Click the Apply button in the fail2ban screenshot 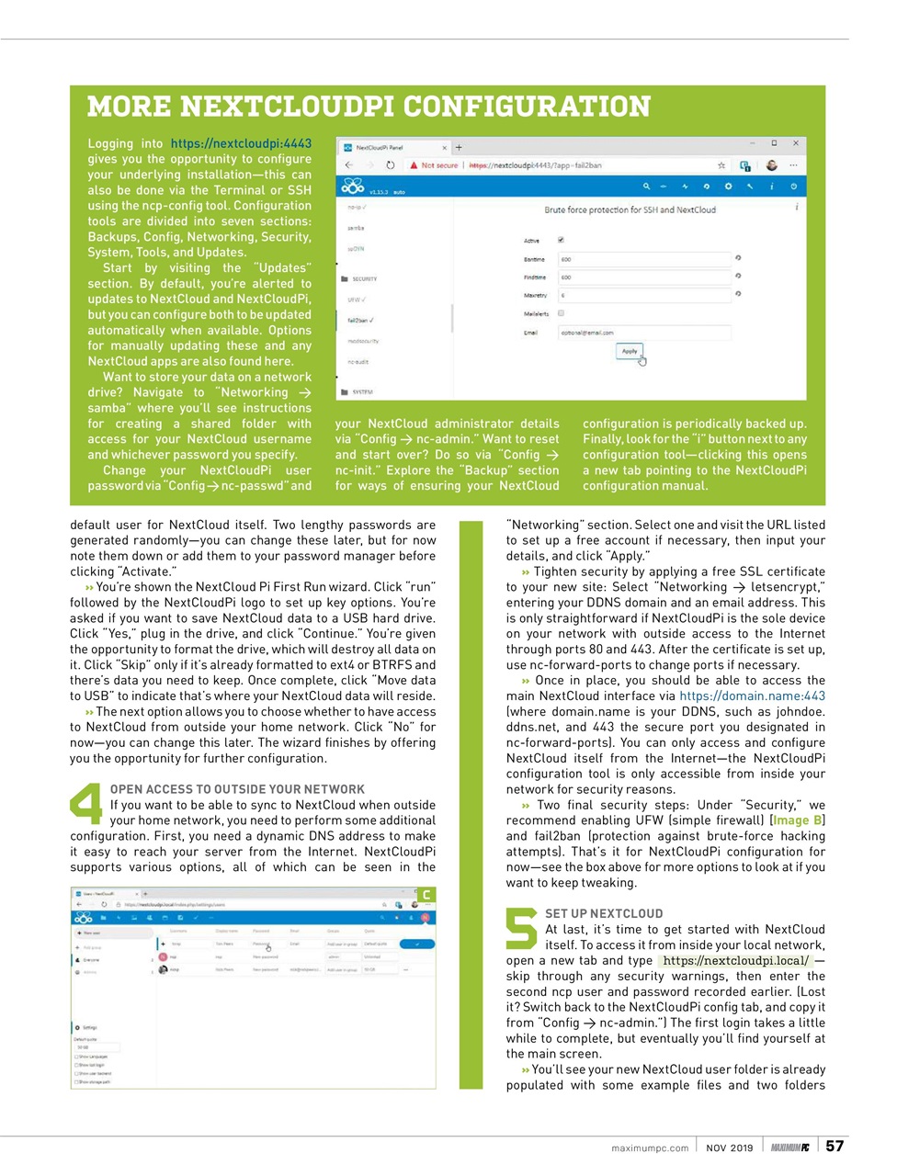tap(630, 351)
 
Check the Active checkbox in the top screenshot tap(561, 240)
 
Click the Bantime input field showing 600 tap(643, 259)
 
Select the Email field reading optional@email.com tap(643, 333)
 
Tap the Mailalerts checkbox tap(561, 313)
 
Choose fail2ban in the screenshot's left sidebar tap(359, 321)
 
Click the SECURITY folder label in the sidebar tap(364, 278)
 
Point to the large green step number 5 tap(521, 927)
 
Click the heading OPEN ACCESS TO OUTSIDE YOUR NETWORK tap(237, 789)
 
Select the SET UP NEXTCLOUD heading tap(604, 913)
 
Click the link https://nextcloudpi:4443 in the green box tap(241, 143)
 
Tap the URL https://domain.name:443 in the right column tap(752, 695)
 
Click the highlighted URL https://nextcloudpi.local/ tap(735, 961)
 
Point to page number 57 tap(835, 1146)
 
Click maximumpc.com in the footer tap(649, 1148)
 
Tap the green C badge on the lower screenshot tap(426, 895)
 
